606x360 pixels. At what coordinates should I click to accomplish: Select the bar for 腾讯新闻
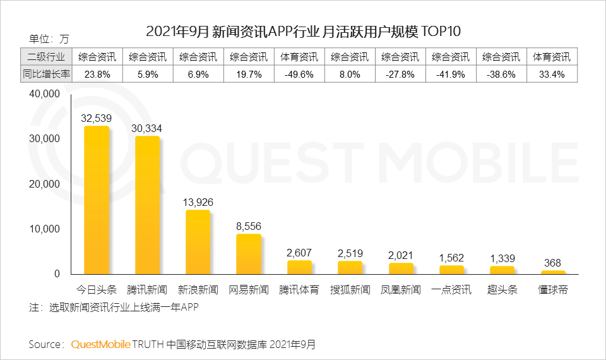coord(147,205)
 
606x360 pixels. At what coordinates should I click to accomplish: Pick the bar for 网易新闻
coord(249,254)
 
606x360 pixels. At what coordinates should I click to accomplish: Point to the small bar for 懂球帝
coord(553,272)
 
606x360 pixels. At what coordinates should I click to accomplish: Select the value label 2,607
coord(299,253)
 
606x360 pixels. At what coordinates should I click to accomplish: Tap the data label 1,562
coord(451,258)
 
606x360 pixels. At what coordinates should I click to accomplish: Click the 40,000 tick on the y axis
coord(44,94)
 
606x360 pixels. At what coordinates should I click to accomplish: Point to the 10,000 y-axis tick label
coord(44,229)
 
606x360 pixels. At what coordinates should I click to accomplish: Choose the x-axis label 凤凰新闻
coord(401,290)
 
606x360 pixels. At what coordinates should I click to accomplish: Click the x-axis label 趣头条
coord(502,290)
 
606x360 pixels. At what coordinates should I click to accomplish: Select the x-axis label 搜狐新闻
coord(350,290)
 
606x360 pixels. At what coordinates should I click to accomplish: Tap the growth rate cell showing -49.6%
coord(299,74)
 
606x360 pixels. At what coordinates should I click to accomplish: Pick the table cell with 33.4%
coord(552,74)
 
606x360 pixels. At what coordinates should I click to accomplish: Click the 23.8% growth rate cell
coord(97,74)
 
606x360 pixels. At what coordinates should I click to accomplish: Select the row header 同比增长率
coord(46,74)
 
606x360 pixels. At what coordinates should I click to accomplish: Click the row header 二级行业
coord(46,57)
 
